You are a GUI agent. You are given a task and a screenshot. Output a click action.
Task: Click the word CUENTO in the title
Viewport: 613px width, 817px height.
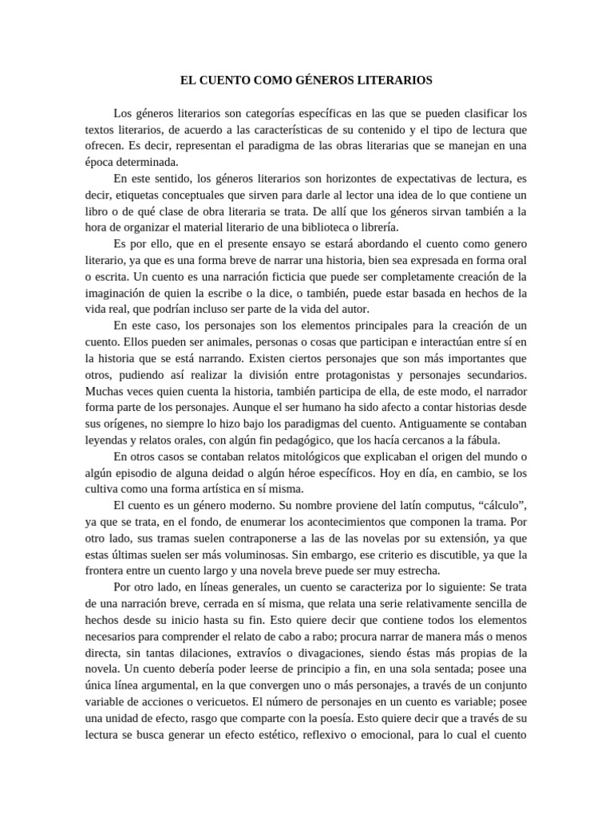pos(226,81)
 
